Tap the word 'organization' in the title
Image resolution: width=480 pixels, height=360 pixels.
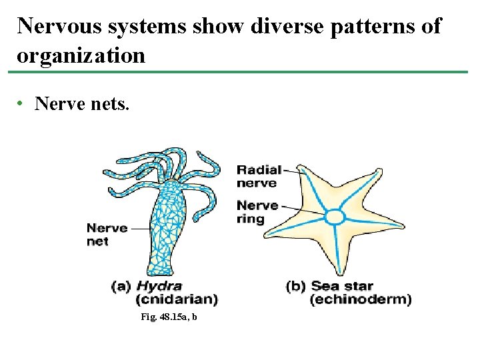click(81, 55)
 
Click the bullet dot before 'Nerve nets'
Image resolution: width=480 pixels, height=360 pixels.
click(21, 104)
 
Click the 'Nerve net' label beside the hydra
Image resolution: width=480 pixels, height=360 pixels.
click(107, 235)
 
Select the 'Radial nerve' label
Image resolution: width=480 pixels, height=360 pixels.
click(259, 176)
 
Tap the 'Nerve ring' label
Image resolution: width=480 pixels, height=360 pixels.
click(257, 212)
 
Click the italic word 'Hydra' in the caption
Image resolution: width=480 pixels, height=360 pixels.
click(159, 287)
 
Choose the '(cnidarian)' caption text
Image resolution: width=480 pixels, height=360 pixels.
click(176, 299)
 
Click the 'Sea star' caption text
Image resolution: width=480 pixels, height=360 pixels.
click(342, 287)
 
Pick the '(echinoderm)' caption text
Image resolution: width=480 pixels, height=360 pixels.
click(361, 299)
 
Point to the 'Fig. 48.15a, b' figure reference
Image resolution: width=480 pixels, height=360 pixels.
click(169, 318)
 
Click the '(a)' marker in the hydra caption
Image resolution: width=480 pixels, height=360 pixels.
click(121, 287)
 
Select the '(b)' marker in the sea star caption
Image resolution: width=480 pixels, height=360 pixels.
click(296, 287)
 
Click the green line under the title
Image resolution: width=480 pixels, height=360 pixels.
click(240, 71)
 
